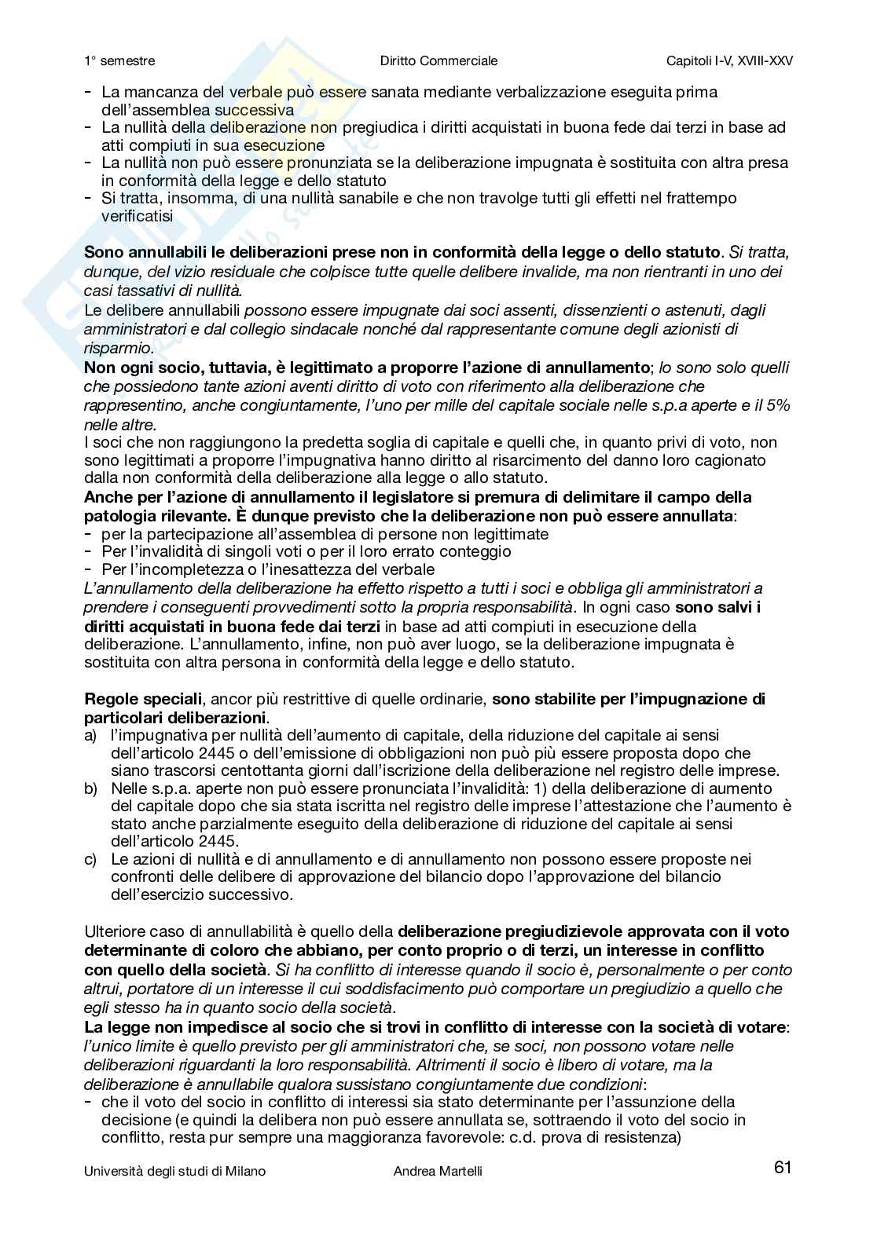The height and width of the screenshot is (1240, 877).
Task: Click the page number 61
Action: click(782, 1168)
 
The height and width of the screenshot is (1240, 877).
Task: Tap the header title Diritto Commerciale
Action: click(438, 60)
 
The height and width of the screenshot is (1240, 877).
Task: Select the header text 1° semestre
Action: click(119, 60)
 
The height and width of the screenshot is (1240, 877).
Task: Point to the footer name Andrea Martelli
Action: click(438, 1171)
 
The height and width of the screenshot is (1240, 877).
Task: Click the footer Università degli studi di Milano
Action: click(174, 1171)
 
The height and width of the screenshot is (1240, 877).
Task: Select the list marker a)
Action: click(90, 735)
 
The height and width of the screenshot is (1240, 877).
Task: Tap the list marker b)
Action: click(90, 788)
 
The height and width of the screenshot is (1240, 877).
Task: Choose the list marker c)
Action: click(90, 859)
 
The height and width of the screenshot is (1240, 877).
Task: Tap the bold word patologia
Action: click(119, 516)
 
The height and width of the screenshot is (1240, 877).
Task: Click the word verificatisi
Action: click(138, 216)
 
